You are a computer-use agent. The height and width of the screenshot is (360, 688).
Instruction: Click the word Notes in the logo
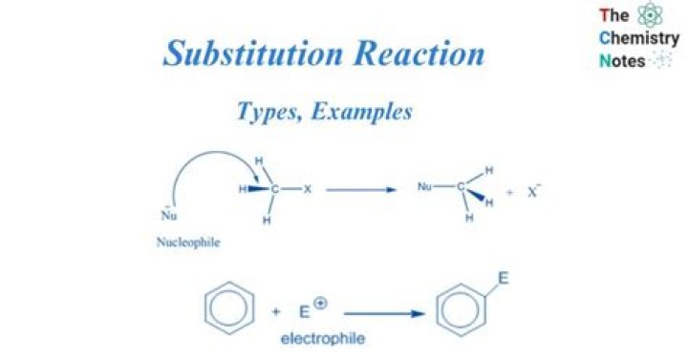[621, 61]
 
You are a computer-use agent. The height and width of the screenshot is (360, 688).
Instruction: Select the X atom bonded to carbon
[308, 189]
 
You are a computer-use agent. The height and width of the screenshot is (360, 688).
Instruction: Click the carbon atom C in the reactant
[275, 189]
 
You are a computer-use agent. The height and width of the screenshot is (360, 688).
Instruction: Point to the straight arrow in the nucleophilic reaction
[360, 189]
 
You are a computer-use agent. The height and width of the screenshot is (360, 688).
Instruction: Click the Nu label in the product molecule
[426, 187]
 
